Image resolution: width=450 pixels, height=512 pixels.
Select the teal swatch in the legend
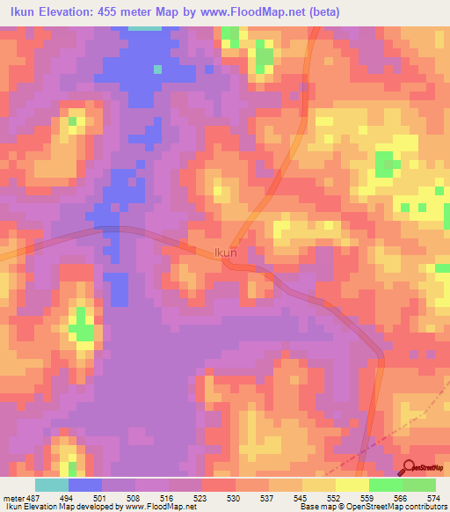pyautogui.click(x=52, y=485)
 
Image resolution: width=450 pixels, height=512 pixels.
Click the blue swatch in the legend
pyautogui.click(x=85, y=485)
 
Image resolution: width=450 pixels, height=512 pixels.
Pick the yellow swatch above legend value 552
pyautogui.click(x=318, y=485)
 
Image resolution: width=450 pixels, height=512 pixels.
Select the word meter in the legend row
pyautogui.click(x=12, y=497)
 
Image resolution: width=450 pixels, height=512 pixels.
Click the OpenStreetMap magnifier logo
pyautogui.click(x=410, y=468)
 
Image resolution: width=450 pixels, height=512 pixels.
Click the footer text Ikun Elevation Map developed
pyautogui.click(x=53, y=507)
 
